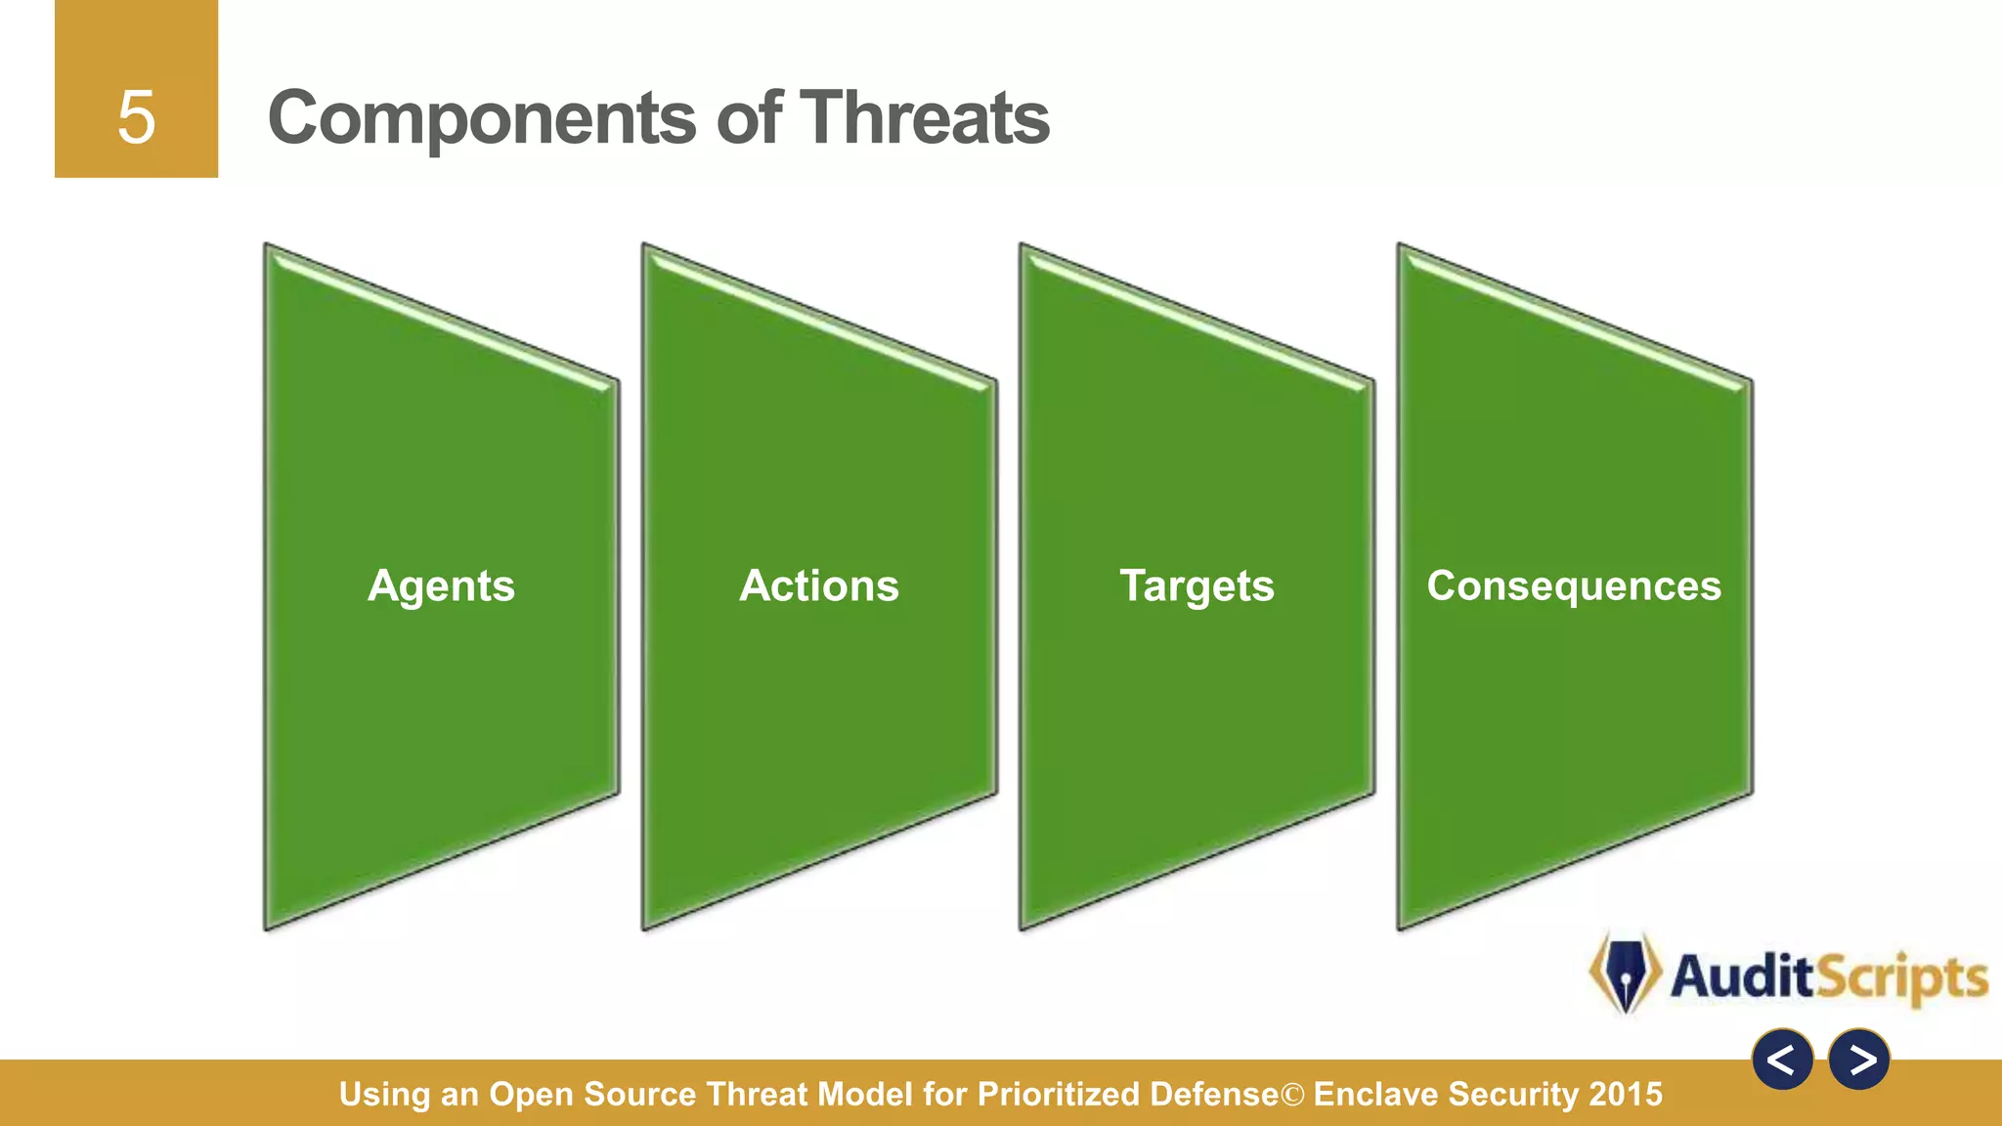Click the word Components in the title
pos(483,119)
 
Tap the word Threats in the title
pos(925,117)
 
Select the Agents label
pos(441,586)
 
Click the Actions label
pos(819,585)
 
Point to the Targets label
pos(1197,586)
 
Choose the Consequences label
pos(1574,585)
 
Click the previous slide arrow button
pos(1782,1060)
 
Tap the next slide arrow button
pos(1859,1060)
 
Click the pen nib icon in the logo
pos(1625,974)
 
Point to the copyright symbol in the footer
pos(1292,1095)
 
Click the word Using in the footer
pos(384,1094)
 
